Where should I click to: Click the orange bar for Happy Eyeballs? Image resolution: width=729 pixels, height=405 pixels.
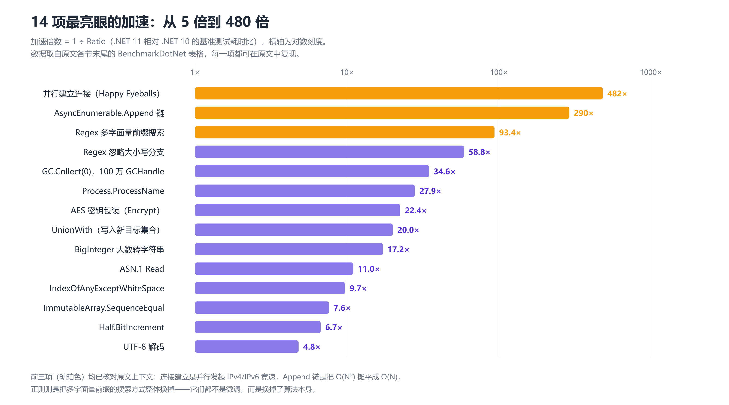pyautogui.click(x=398, y=93)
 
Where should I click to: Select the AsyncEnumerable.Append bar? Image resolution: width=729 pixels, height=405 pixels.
pyautogui.click(x=382, y=113)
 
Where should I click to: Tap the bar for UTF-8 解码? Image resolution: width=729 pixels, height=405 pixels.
pyautogui.click(x=246, y=346)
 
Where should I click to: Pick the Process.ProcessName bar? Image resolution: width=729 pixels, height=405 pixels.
pyautogui.click(x=305, y=191)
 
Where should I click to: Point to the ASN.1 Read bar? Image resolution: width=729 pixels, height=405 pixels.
pyautogui.click(x=274, y=268)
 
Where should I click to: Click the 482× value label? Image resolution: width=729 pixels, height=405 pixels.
pyautogui.click(x=617, y=94)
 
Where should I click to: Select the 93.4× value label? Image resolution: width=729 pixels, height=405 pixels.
pyautogui.click(x=510, y=133)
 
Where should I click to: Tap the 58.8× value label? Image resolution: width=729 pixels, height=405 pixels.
pyautogui.click(x=479, y=152)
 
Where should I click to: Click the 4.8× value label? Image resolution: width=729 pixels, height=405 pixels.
pyautogui.click(x=311, y=347)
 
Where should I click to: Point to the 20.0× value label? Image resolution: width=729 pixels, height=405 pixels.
pyautogui.click(x=408, y=230)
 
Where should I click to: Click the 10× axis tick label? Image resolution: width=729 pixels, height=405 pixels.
pyautogui.click(x=347, y=72)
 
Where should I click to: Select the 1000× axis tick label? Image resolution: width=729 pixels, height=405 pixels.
pyautogui.click(x=651, y=72)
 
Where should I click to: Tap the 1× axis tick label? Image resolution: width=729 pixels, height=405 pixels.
pyautogui.click(x=195, y=72)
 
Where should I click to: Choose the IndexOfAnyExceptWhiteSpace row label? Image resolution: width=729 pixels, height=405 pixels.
pyautogui.click(x=107, y=288)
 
